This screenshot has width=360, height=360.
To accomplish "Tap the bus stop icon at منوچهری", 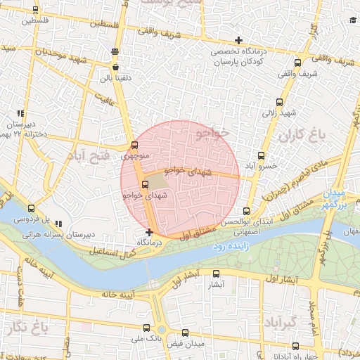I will pos(135,146).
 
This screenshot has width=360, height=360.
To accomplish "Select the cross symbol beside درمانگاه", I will pos(149,232).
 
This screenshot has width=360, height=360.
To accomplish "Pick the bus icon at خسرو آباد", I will pos(262,155).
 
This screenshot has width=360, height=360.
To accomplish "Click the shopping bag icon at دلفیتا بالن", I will pos(115,67).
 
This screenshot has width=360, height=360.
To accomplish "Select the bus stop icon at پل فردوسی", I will pos(30,208).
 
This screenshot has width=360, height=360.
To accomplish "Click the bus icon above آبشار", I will pos(216,274).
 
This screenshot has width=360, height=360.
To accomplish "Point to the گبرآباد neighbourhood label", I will pos(279,323).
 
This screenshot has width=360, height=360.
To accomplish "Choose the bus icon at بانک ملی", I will pos(146,328).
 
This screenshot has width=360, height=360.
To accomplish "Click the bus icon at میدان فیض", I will pos(185,333).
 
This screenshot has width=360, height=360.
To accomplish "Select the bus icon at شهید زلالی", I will pos(280,102).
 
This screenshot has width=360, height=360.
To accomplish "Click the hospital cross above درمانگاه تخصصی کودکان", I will pos(239,40).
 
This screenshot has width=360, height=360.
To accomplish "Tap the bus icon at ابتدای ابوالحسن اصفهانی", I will pos(246,211).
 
